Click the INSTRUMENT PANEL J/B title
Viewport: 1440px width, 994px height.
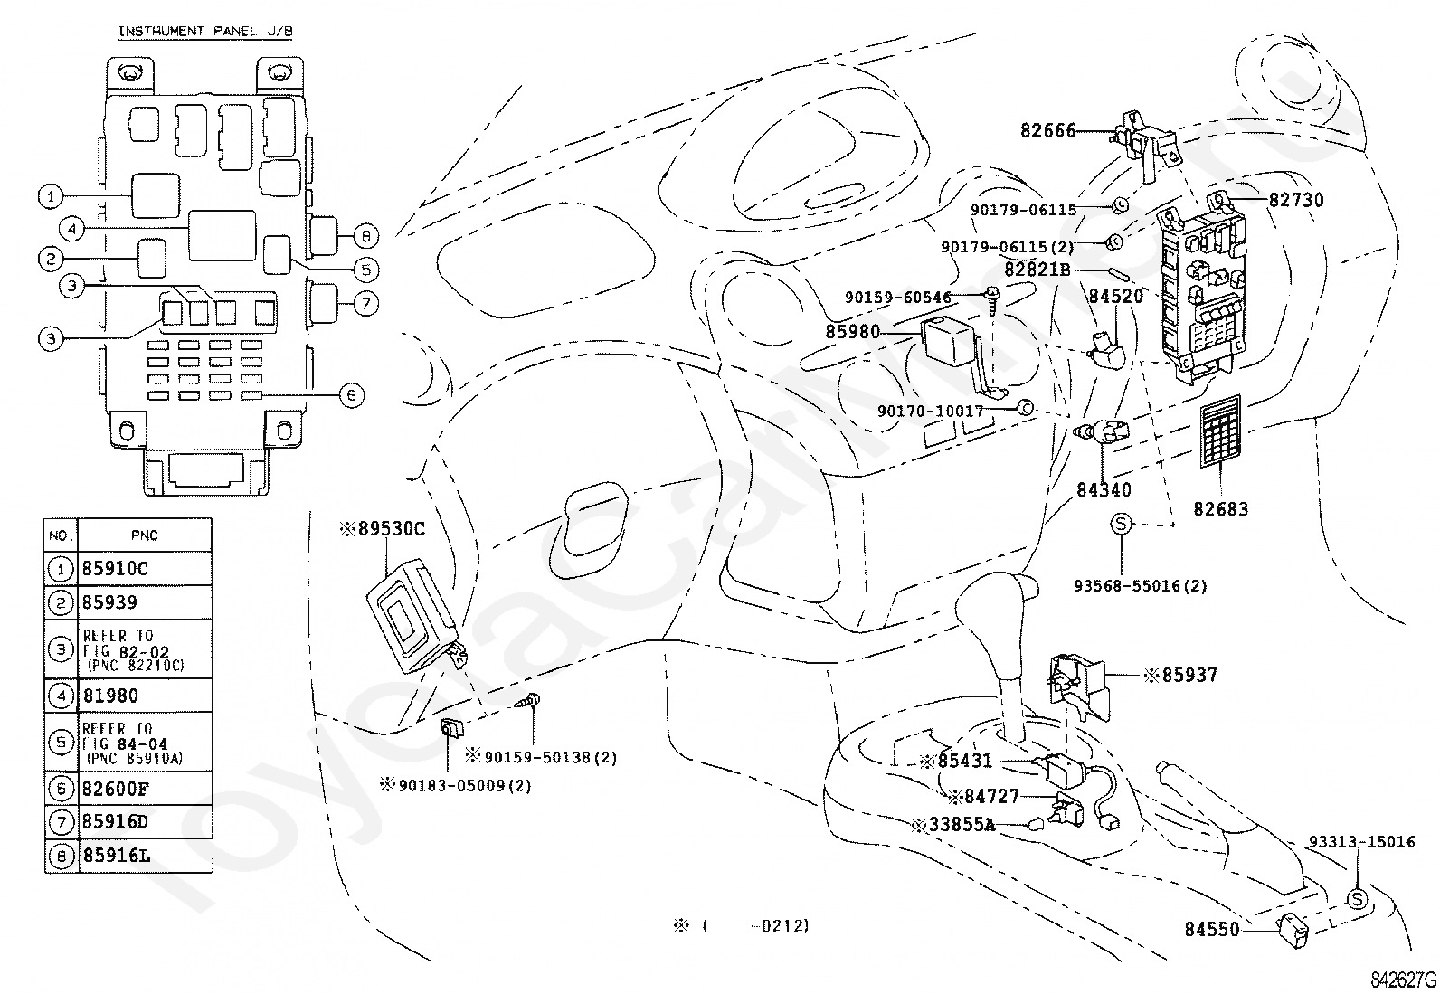click(x=205, y=31)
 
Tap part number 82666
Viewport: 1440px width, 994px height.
click(x=1047, y=130)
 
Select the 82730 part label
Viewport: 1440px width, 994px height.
click(x=1296, y=200)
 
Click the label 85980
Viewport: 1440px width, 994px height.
click(x=852, y=332)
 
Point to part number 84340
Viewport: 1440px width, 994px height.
click(x=1104, y=490)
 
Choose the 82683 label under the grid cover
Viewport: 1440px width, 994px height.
click(x=1221, y=509)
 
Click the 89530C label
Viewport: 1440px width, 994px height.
click(x=383, y=528)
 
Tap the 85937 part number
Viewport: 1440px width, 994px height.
click(x=1181, y=675)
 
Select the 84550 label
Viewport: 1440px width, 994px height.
click(x=1212, y=930)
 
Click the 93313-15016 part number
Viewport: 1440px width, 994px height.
click(x=1362, y=842)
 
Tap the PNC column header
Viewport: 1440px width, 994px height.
click(x=144, y=535)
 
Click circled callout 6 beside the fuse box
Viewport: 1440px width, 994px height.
click(x=351, y=394)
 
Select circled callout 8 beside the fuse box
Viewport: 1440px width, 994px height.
click(x=365, y=236)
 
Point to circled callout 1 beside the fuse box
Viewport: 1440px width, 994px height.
click(x=51, y=196)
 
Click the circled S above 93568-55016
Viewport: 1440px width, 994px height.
click(x=1121, y=524)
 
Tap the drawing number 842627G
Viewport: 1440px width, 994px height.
click(x=1403, y=980)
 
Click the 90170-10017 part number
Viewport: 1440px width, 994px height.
click(x=930, y=411)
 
